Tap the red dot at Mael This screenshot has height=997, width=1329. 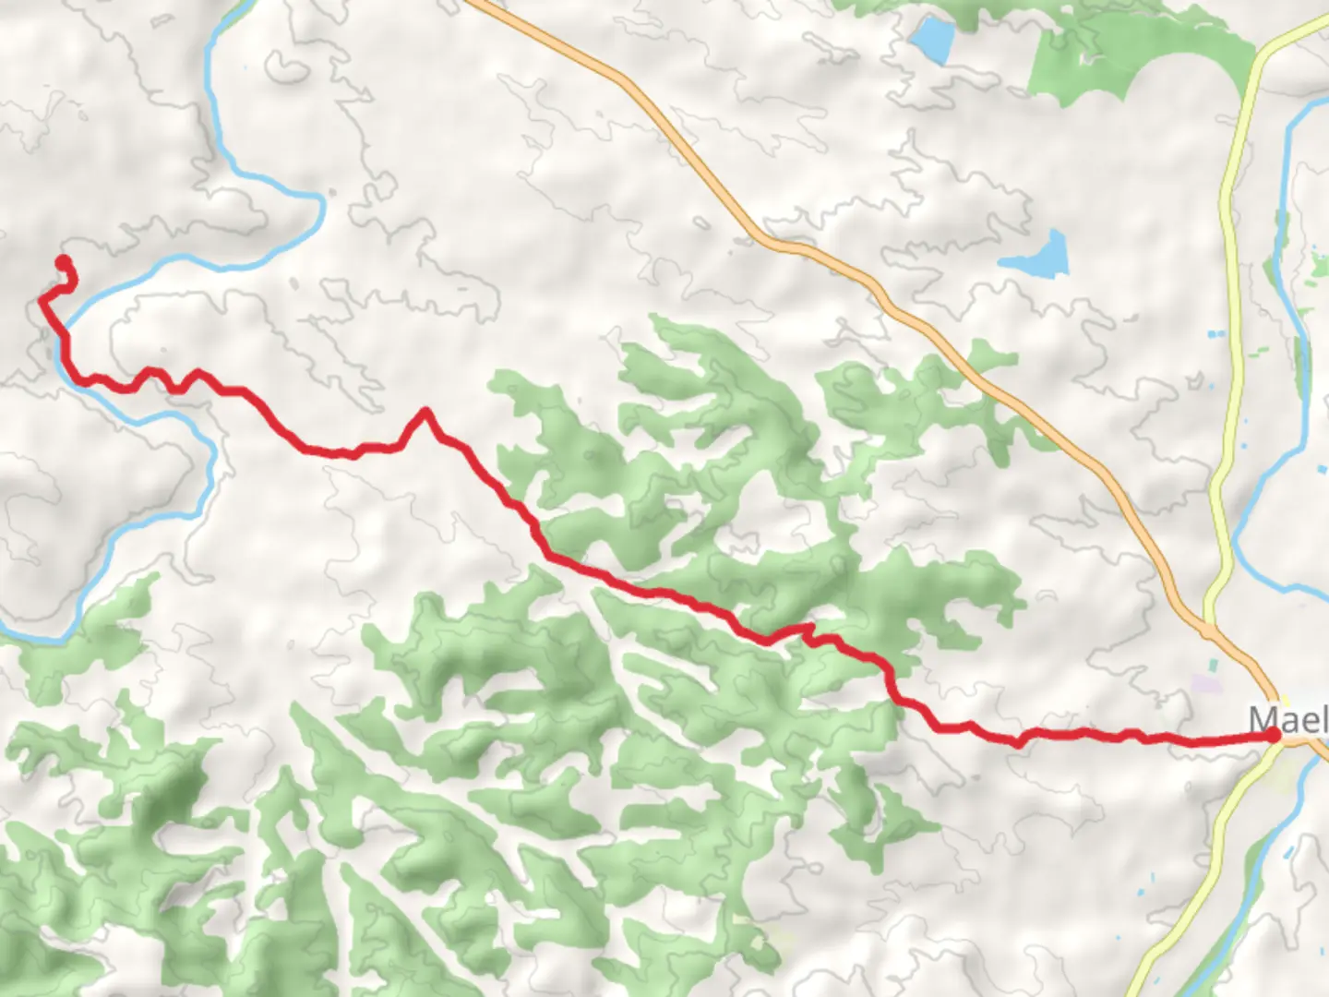(x=1275, y=735)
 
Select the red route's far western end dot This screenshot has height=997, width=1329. (x=64, y=261)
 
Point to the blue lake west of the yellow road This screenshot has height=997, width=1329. (x=1037, y=255)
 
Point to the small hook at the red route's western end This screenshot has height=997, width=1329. (x=68, y=277)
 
